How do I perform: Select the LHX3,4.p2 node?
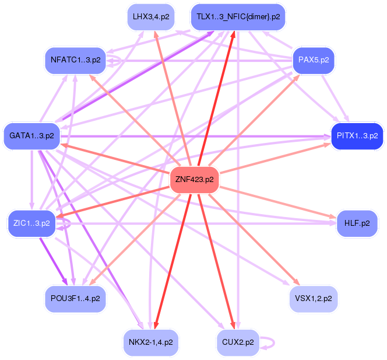[x=151, y=16]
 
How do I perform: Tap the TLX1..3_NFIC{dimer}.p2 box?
[x=238, y=16]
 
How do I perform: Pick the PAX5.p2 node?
[x=314, y=60]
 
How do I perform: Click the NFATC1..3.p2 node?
[x=75, y=60]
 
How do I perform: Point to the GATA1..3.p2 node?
[x=31, y=135]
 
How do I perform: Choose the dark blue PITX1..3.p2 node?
[x=357, y=135]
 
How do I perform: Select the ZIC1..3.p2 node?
[x=31, y=222]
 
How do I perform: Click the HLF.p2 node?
[x=357, y=223]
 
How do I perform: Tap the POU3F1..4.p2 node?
[x=75, y=298]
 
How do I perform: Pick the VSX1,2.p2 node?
[x=314, y=298]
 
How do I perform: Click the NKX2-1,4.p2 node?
[x=151, y=341]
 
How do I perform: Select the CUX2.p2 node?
[x=238, y=341]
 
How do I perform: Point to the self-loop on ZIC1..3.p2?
[x=66, y=222]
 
